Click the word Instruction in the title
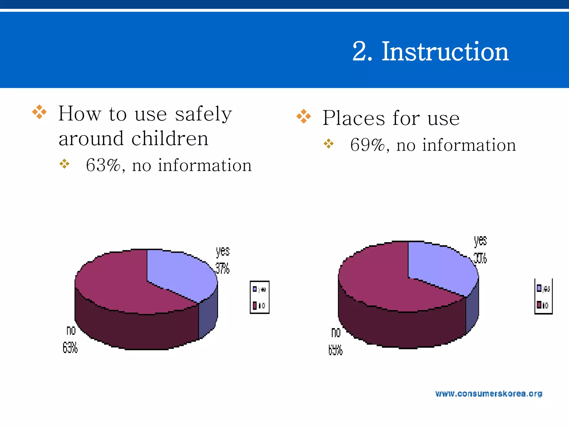coord(445,52)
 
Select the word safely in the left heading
coord(203,114)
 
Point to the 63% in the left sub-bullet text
coord(103,165)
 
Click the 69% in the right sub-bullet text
coord(367,145)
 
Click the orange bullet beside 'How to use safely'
coord(39,112)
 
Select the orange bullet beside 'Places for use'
coord(304,116)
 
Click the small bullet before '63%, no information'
coord(64,164)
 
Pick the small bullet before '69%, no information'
coord(329,143)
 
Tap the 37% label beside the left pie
coord(223,269)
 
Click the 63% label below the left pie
coord(70,348)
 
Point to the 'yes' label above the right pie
coord(480,241)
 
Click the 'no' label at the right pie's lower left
coord(336,332)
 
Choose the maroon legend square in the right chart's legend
coord(539,305)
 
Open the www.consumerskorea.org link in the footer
coord(489,394)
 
